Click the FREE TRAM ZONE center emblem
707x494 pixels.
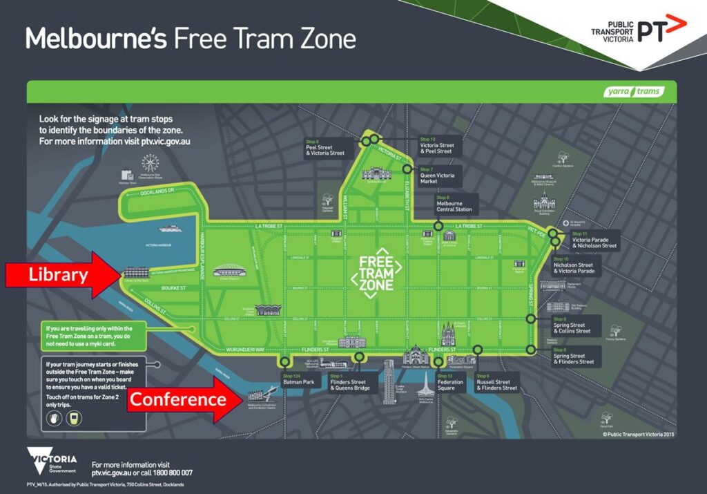(x=376, y=273)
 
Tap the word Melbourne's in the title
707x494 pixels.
(x=96, y=38)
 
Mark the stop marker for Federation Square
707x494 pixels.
(x=438, y=361)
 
